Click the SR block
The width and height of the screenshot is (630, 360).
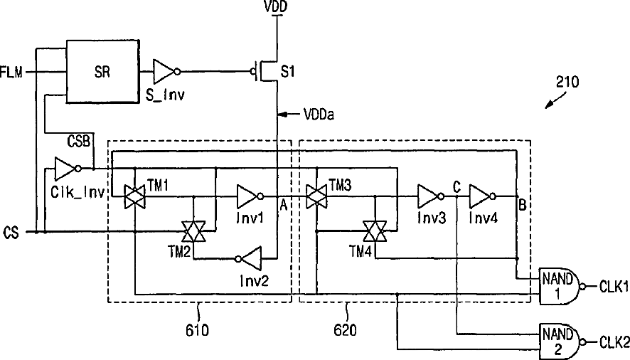click(103, 72)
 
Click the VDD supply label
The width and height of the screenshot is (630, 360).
click(276, 7)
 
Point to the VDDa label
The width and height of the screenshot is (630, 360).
click(319, 115)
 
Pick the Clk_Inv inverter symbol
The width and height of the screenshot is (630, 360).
click(68, 169)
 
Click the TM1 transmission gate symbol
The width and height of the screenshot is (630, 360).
click(134, 196)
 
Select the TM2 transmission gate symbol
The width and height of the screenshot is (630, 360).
click(193, 231)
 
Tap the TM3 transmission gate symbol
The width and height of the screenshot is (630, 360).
click(316, 196)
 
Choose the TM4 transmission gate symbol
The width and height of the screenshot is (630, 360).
click(375, 231)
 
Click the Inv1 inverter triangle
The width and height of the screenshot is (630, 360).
click(250, 196)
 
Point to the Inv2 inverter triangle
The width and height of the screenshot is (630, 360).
click(249, 258)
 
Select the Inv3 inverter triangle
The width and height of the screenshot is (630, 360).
click(431, 196)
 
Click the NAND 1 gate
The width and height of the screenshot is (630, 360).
click(561, 286)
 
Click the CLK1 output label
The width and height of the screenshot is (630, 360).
click(614, 287)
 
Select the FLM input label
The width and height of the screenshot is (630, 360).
click(11, 73)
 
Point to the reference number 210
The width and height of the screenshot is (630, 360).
click(567, 82)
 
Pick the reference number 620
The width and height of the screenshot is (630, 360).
click(345, 330)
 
